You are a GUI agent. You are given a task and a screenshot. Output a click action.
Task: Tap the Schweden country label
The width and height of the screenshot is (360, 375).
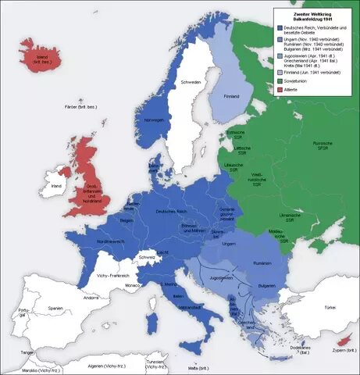click(192, 82)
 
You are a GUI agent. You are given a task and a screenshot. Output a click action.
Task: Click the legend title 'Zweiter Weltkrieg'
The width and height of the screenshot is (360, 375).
click(312, 14)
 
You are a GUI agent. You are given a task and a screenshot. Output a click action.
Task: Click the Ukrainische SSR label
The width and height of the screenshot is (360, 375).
click(290, 217)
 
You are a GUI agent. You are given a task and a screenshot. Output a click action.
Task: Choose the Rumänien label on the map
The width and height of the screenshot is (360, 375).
click(262, 264)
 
